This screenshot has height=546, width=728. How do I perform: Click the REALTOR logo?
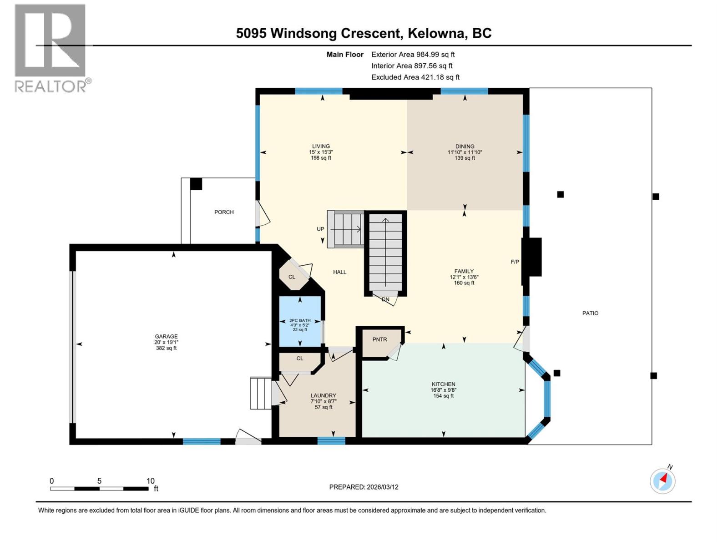coord(50,48)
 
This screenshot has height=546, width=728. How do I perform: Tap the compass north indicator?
coord(663,480)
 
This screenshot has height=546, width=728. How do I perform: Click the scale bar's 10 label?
coord(151,481)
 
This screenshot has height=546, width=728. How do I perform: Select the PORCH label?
coord(224,212)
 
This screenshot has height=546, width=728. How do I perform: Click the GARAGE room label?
coord(166,337)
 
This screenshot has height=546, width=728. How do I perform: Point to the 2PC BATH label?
coord(300,320)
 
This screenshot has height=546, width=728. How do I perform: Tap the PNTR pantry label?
coord(379,339)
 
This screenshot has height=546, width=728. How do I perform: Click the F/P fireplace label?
coord(515,262)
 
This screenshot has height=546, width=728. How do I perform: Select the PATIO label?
coord(590,313)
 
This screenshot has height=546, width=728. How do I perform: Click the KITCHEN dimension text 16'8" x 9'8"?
coord(443,390)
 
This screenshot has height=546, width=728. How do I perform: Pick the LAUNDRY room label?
coord(324,395)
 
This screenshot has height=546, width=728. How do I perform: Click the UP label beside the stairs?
coord(320,229)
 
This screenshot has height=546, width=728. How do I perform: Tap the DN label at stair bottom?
coord(385,299)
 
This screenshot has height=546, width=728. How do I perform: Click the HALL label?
coord(339,272)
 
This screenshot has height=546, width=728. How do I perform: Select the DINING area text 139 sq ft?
coord(465,158)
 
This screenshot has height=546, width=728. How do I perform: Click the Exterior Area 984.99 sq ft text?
coord(413,54)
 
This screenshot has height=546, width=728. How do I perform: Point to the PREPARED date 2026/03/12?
coord(364,487)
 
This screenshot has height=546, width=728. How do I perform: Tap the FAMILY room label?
coord(464,271)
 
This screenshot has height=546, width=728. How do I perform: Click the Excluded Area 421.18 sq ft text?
coord(415,77)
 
